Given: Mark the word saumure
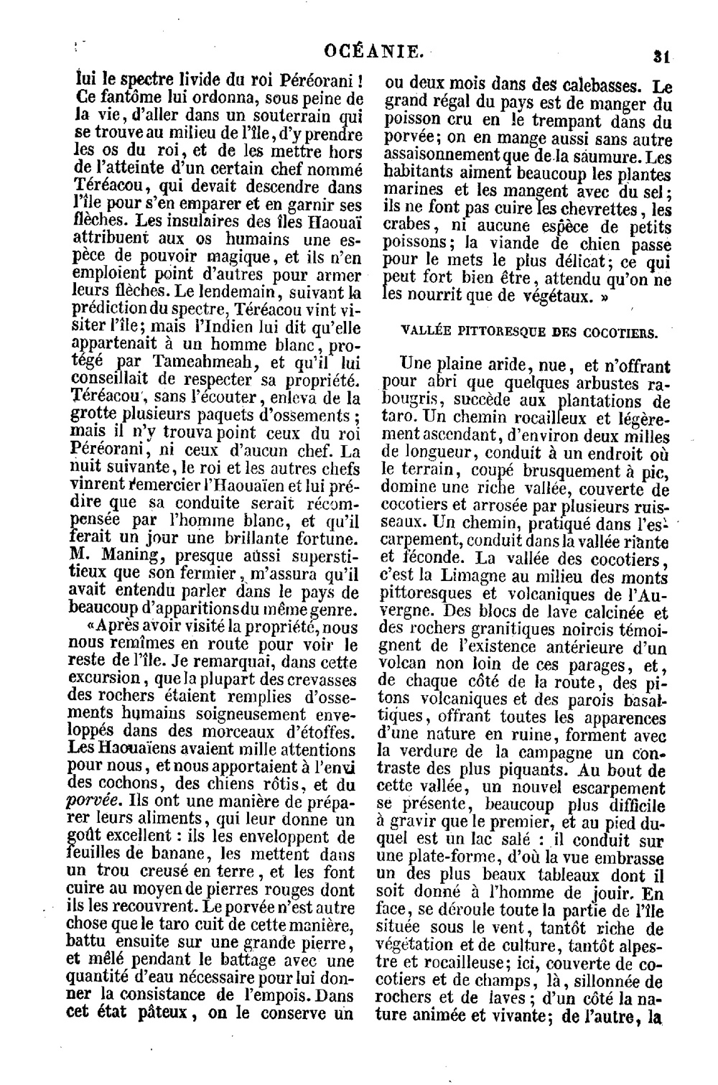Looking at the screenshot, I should (x=604, y=156).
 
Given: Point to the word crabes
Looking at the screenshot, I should (x=407, y=228).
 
